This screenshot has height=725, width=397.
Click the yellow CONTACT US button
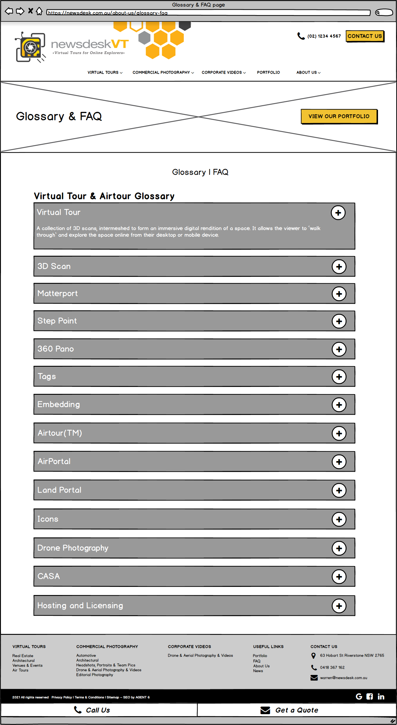tap(365, 36)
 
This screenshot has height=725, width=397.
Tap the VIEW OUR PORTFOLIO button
tap(339, 116)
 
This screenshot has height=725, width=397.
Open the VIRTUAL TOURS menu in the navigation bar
tap(105, 72)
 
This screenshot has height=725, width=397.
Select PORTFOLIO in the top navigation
tap(268, 72)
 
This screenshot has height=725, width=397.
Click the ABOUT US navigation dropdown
tap(308, 72)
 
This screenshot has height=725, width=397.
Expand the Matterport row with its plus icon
tap(339, 294)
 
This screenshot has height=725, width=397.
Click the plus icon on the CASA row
tap(339, 577)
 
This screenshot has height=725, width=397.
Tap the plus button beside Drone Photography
tap(339, 548)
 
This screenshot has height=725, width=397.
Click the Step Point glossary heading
tap(57, 321)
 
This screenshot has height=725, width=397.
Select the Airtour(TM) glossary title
tap(60, 433)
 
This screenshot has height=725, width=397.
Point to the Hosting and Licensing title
tap(80, 606)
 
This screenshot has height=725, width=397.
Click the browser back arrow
tap(9, 11)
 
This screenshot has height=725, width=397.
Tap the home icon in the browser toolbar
tap(39, 11)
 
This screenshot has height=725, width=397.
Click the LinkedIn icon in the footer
tap(381, 697)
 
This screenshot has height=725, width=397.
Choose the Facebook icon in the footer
tap(370, 697)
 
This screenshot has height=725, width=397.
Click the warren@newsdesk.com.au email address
tap(344, 678)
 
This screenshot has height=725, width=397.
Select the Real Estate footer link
tap(23, 656)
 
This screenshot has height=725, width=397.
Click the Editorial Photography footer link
tap(95, 675)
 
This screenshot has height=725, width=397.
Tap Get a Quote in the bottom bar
tap(297, 710)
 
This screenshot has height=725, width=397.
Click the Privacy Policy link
tap(61, 697)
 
